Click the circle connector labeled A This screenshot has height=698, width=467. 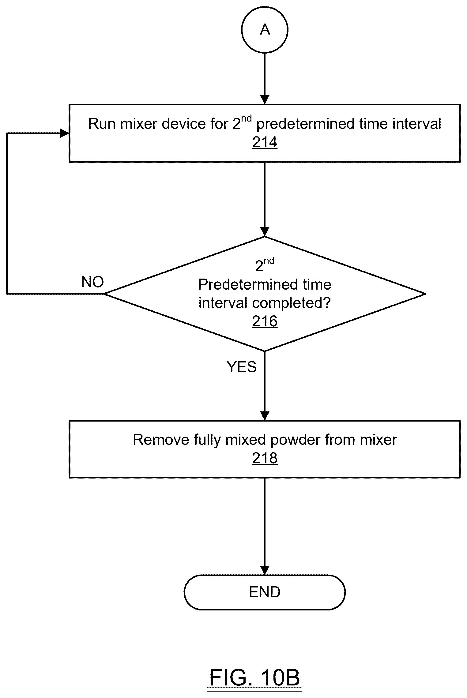pyautogui.click(x=265, y=30)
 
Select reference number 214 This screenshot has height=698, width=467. pyautogui.click(x=265, y=143)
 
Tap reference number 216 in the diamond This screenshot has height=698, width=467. pyautogui.click(x=265, y=321)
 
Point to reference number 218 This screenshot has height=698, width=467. pyautogui.click(x=265, y=458)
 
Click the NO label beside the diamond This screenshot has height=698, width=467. pyautogui.click(x=92, y=282)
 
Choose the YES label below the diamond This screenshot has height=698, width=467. pyautogui.click(x=242, y=367)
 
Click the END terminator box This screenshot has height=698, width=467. pyautogui.click(x=265, y=592)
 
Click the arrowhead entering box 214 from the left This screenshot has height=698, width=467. pyautogui.click(x=65, y=133)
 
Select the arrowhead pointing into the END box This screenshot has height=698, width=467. pyautogui.click(x=265, y=570)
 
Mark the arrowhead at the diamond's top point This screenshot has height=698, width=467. pyautogui.click(x=265, y=232)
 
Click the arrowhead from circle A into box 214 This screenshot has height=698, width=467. pyautogui.click(x=265, y=100)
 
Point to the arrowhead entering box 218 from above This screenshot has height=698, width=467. pyautogui.click(x=265, y=416)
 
